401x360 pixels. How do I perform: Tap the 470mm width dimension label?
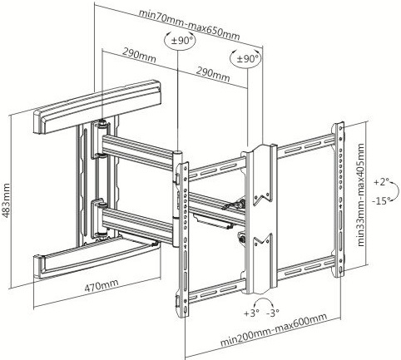click(x=101, y=286)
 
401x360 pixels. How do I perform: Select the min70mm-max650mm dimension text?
click(x=190, y=25)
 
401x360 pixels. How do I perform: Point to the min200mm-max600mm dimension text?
click(x=274, y=329)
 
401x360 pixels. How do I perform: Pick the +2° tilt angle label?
click(x=381, y=182)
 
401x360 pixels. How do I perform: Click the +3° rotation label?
click(x=251, y=313)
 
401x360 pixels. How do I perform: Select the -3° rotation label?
click(x=272, y=313)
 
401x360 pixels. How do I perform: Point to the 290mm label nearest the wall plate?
click(x=140, y=56)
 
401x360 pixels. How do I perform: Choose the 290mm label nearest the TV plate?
click(x=213, y=75)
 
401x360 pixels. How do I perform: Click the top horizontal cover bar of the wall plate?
click(x=97, y=106)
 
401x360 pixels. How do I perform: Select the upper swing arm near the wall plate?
click(x=138, y=151)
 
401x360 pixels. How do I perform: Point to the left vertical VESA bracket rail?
click(x=183, y=240)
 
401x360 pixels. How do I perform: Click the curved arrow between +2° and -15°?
click(x=397, y=191)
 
